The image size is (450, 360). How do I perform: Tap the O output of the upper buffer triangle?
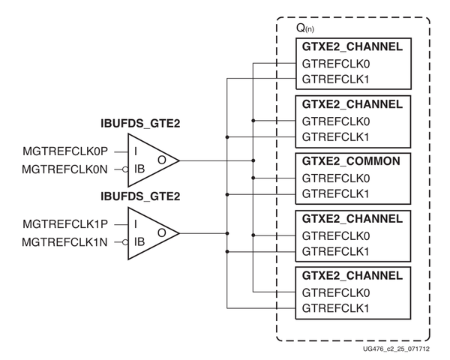click(162, 159)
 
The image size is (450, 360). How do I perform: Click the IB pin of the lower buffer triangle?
click(139, 241)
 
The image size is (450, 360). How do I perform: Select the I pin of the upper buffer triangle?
click(136, 151)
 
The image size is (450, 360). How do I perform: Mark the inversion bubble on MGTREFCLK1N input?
click(124, 241)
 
